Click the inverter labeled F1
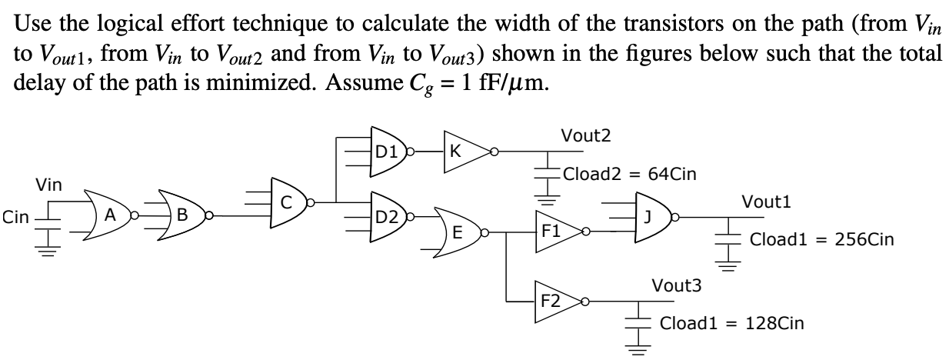[x=553, y=229]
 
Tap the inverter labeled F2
[x=553, y=298]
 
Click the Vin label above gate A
[x=49, y=185]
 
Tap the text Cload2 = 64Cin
[x=630, y=173]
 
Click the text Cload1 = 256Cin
[x=821, y=239]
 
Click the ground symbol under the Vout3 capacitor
[x=638, y=348]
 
